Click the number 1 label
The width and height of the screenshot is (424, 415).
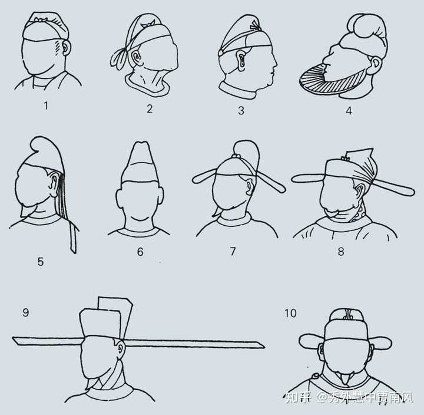[x=46, y=106]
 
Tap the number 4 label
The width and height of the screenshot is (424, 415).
[x=349, y=110]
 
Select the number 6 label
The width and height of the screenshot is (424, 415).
[x=140, y=252]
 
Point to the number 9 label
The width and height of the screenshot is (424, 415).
[x=25, y=312]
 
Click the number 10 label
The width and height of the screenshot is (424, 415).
[x=290, y=313]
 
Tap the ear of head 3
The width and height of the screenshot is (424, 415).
[x=241, y=60]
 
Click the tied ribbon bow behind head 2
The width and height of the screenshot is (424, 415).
[x=119, y=57]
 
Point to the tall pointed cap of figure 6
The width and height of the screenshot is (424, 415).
[x=140, y=163]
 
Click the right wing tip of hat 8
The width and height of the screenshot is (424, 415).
[x=410, y=191]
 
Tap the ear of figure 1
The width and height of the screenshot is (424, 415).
[x=66, y=47]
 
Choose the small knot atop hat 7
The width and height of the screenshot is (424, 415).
[x=237, y=156]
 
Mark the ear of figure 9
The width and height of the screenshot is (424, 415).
[x=121, y=348]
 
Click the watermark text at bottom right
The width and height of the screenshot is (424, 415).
[x=349, y=397]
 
